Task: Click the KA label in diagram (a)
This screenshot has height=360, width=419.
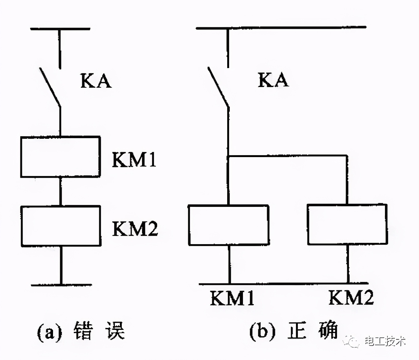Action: (x=96, y=81)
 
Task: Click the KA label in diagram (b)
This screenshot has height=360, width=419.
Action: (x=273, y=80)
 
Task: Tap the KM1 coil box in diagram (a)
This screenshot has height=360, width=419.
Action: (x=61, y=157)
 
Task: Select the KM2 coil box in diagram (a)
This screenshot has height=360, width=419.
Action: (x=61, y=226)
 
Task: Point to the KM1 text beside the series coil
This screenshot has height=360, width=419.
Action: (x=134, y=160)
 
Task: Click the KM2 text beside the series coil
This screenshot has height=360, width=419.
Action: (x=135, y=229)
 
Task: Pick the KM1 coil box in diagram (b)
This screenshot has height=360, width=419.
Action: (x=229, y=225)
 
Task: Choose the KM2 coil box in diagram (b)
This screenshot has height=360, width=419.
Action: (x=347, y=225)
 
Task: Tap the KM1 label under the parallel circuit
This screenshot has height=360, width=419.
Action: (x=232, y=298)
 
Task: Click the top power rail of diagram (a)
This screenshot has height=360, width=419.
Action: (x=60, y=29)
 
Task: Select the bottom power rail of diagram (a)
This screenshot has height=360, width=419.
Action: (x=62, y=285)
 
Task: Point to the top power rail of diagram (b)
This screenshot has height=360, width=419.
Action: (x=281, y=28)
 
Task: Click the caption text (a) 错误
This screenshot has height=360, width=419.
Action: (x=81, y=331)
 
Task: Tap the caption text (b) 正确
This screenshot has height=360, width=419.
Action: (x=293, y=331)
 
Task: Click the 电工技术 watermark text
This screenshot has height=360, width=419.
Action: (x=385, y=341)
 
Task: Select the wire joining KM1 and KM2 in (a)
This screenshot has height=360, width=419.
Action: (x=61, y=191)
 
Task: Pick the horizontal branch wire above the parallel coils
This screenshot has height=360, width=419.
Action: (x=288, y=156)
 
